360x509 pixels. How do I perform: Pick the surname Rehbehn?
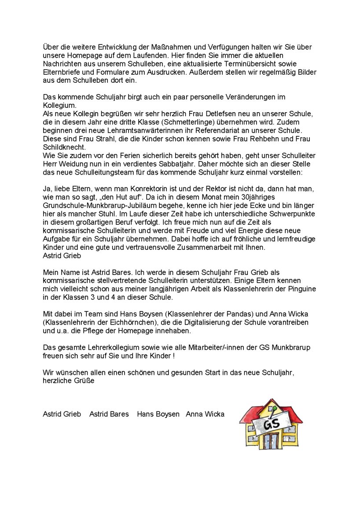269,139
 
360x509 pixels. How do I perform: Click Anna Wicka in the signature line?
205,414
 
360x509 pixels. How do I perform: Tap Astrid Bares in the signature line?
109,414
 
